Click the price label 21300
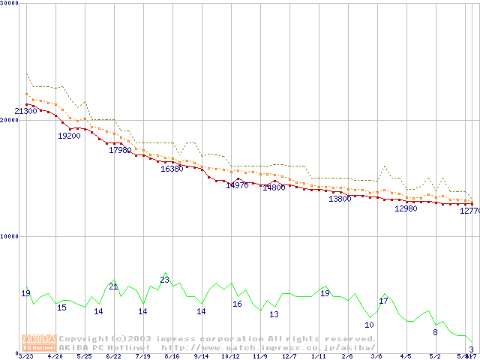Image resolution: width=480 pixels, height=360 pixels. click(25, 111)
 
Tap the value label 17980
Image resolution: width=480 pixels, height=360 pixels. click(120, 150)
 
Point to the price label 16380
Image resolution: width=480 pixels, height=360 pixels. click(172, 169)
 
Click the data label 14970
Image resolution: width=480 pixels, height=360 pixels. click(237, 185)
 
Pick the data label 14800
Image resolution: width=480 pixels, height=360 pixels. click(274, 187)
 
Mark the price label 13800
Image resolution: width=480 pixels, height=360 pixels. click(340, 199)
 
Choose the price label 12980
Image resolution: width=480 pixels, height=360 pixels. click(406, 208)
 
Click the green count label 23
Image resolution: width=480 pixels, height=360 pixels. click(165, 280)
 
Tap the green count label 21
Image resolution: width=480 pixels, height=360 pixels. click(114, 286)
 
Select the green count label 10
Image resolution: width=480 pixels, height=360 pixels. click(369, 325)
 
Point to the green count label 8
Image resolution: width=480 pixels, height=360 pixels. click(435, 331)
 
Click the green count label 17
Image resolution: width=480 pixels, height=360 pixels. click(383, 301)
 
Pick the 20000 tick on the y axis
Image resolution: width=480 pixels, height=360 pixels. click(9, 120)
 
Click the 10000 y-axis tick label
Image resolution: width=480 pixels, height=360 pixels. click(9, 236)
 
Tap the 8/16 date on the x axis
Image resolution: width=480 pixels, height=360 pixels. click(172, 357)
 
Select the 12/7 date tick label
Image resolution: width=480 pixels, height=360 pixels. click(289, 357)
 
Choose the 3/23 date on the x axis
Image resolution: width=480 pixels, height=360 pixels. click(25, 357)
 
